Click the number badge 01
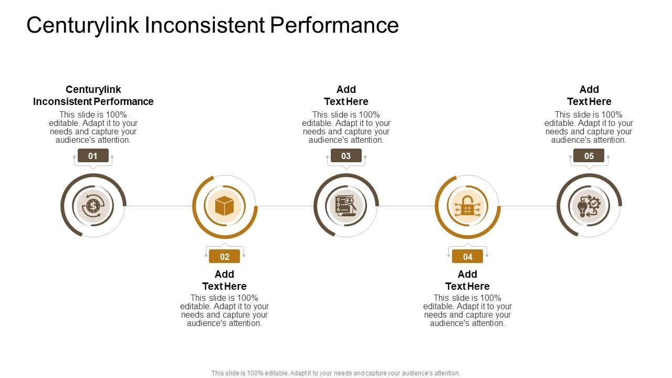93,155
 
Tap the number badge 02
224,257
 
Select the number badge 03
346,155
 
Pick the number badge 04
467,257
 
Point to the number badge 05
589,155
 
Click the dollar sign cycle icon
93,206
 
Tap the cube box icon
224,206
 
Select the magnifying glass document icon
346,206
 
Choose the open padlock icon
467,206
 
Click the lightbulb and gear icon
589,206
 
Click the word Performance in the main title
334,25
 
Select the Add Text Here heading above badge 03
346,96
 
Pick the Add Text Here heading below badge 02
224,280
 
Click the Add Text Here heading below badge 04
467,280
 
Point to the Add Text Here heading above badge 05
589,96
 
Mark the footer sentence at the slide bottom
336,373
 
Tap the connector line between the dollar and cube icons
159,206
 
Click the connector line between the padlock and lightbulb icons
528,206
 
